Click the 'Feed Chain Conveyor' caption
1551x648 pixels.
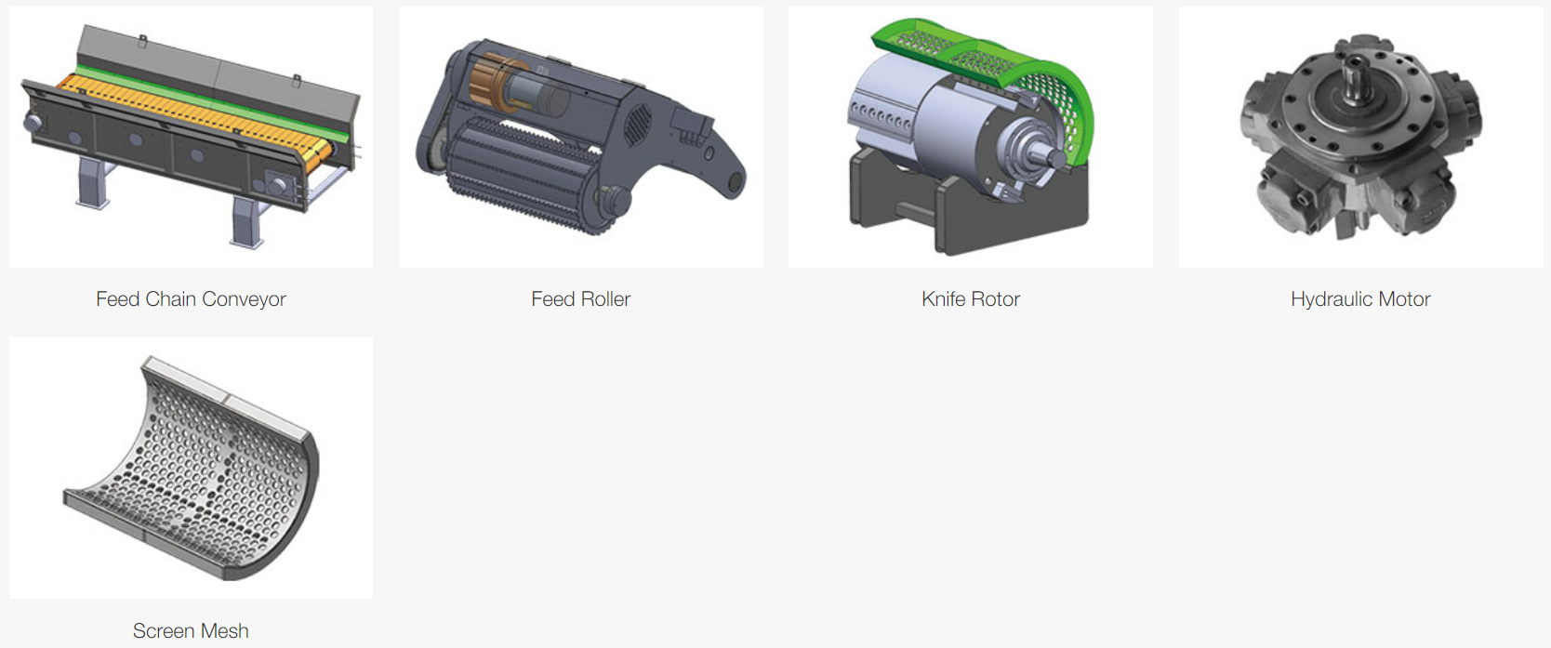tap(191, 299)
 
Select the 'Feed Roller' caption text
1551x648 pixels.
tap(580, 299)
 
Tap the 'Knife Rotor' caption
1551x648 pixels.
tap(970, 299)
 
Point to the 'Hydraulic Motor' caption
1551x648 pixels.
tap(1359, 299)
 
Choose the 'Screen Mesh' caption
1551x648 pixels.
tap(191, 630)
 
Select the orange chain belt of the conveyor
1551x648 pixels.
tap(193, 118)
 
